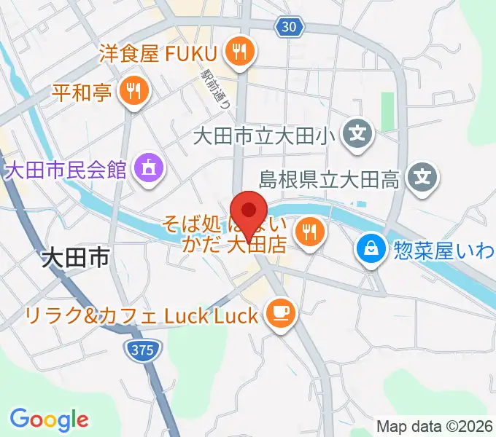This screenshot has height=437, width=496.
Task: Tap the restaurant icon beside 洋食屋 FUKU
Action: (239, 52)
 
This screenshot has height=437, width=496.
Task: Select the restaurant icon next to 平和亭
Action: (133, 91)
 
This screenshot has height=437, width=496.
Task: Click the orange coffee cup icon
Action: (279, 314)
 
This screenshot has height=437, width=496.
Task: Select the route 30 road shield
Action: (289, 27)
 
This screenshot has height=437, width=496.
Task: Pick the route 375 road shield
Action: (143, 350)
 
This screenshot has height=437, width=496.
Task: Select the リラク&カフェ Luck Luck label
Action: (142, 315)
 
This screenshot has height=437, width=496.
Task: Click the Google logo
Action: (49, 419)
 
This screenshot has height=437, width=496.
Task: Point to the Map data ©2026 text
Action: (435, 426)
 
